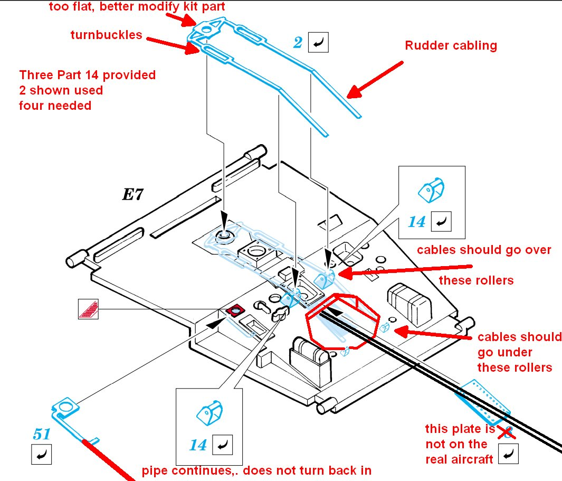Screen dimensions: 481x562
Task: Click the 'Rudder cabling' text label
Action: click(451, 45)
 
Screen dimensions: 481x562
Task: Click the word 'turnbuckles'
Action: click(106, 35)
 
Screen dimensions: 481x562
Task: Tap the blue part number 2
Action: click(298, 43)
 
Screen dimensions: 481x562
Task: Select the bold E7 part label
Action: click(132, 194)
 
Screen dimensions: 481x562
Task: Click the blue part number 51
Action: click(42, 435)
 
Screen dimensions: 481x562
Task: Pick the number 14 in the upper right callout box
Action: click(416, 222)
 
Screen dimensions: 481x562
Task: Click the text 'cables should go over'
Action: click(484, 250)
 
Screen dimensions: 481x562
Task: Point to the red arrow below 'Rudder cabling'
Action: click(375, 80)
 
